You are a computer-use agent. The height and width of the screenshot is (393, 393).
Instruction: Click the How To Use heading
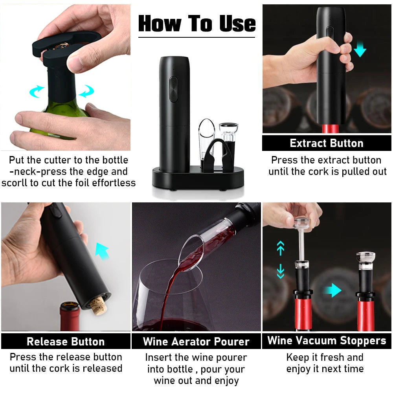[x=197, y=24]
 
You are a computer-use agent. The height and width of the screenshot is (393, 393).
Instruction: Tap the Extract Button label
[x=326, y=143]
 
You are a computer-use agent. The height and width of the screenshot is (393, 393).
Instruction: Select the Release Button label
[x=66, y=342]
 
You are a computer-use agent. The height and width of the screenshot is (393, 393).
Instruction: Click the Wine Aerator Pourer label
[x=196, y=342]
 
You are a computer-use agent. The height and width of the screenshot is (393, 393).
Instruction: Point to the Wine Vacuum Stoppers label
[x=327, y=340]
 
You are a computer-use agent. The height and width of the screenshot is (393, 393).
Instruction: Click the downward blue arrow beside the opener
[x=360, y=49]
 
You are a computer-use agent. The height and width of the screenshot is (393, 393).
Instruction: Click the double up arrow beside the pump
[x=280, y=248]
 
